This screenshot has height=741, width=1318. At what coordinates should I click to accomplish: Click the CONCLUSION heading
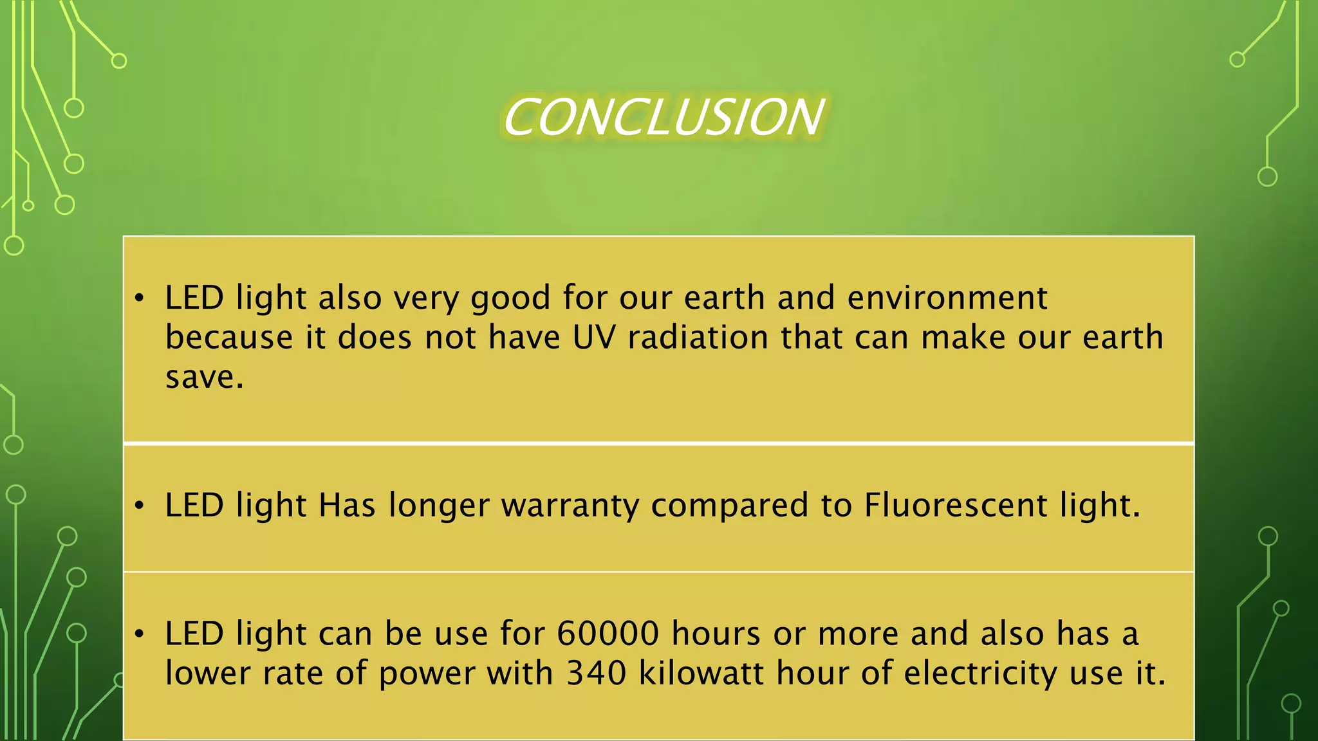coord(663,117)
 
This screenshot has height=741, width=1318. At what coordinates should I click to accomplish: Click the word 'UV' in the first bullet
coord(594,337)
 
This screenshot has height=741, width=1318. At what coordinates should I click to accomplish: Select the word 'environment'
coord(947,297)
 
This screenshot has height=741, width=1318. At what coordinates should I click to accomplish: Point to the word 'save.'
coord(205,377)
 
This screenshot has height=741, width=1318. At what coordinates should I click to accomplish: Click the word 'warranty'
coord(570,506)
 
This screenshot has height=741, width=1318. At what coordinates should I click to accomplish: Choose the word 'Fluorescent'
coord(956,505)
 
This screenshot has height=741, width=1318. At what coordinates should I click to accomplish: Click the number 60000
coord(608,634)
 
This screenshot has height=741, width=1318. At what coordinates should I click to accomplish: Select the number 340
coord(596,673)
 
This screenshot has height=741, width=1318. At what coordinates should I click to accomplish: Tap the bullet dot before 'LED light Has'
coord(139,506)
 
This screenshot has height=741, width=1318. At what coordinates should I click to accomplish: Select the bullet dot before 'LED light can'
coord(139,634)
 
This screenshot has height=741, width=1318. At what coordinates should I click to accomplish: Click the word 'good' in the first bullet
coord(510,298)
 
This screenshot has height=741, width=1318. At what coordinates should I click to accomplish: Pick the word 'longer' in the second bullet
coord(439,506)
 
